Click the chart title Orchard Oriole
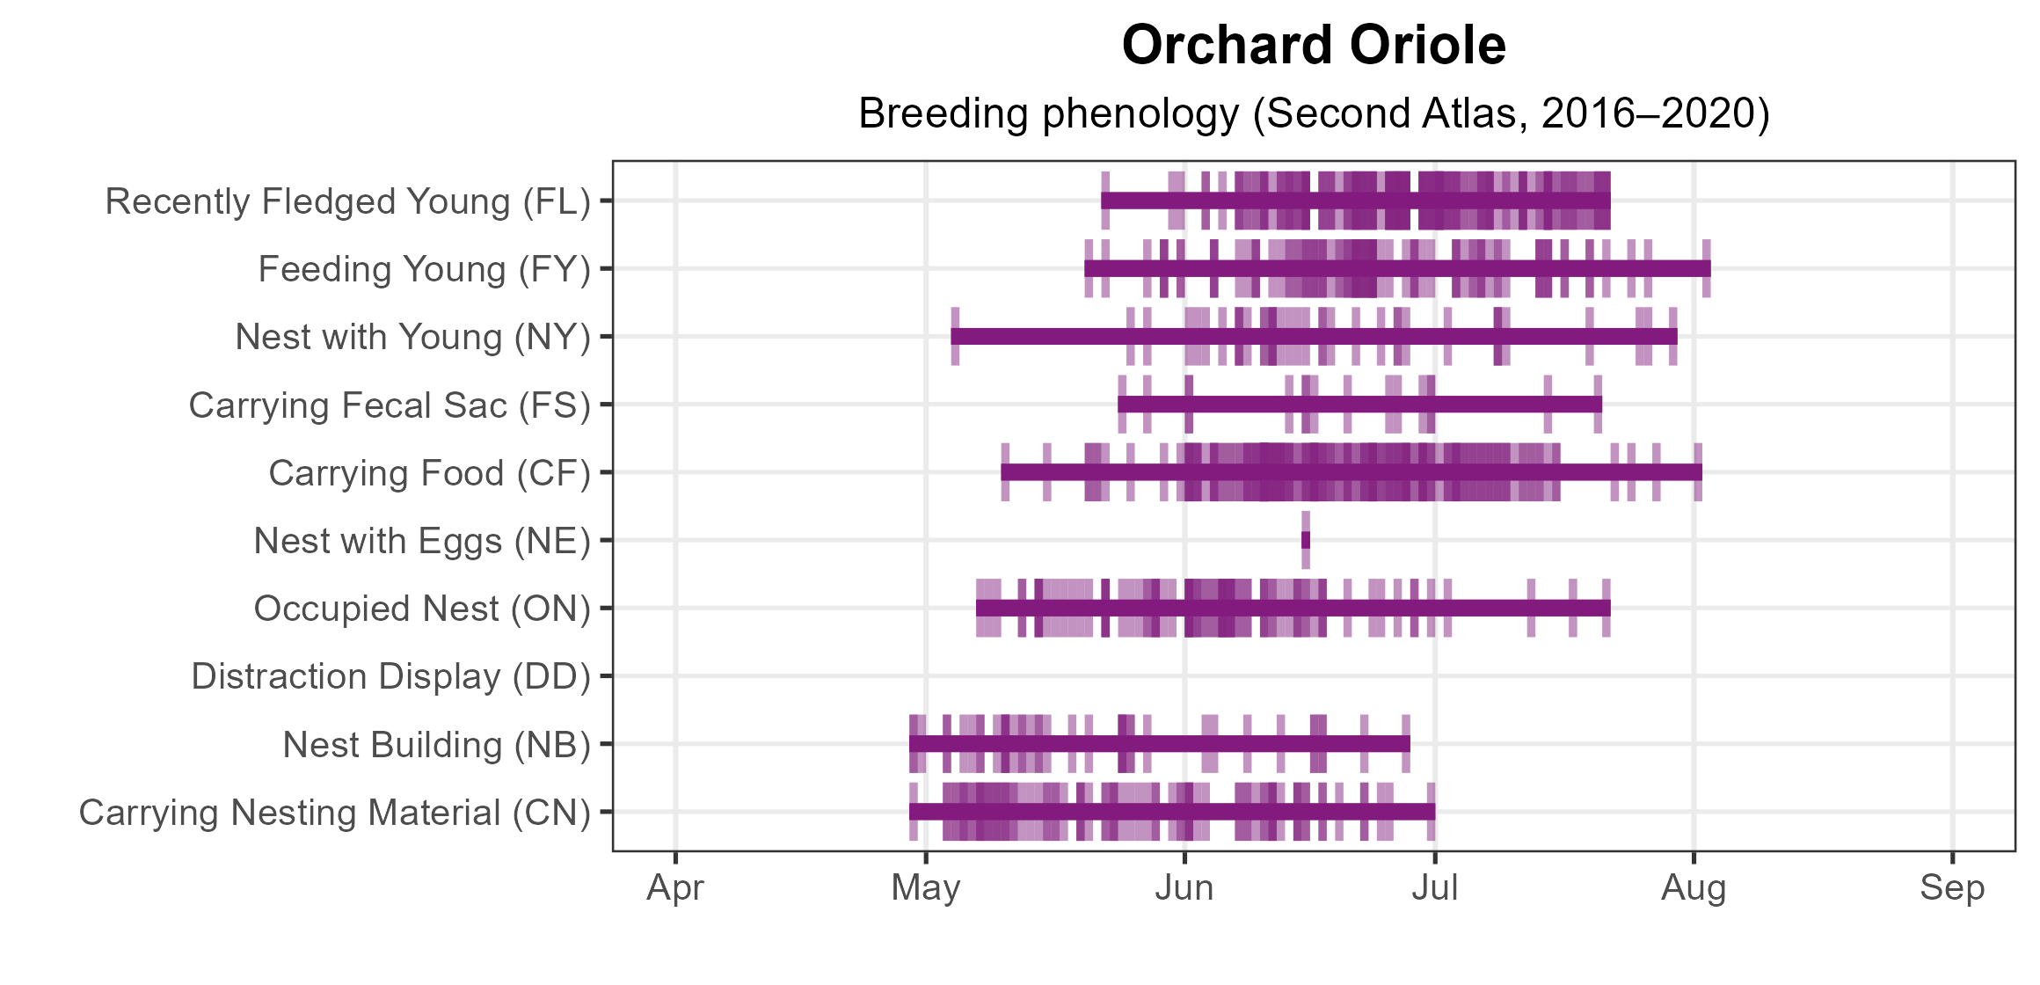pos(1314,45)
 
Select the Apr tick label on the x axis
pos(675,889)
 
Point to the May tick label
pos(926,889)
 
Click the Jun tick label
pos(1184,888)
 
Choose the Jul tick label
pos(1435,888)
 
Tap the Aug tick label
pos(1694,889)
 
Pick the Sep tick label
pos(1952,889)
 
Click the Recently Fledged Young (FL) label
pos(348,202)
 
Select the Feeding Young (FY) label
pos(425,270)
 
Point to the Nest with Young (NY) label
pos(413,338)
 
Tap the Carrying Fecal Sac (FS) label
pos(390,406)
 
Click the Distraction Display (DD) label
pos(391,677)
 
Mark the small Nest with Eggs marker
pos(1306,540)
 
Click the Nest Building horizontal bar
pos(1160,744)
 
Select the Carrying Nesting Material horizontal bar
pos(1172,812)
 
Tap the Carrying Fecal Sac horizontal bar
pos(1359,405)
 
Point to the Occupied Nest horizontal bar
pos(1293,608)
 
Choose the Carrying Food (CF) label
pos(430,474)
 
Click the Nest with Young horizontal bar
pos(1314,336)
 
